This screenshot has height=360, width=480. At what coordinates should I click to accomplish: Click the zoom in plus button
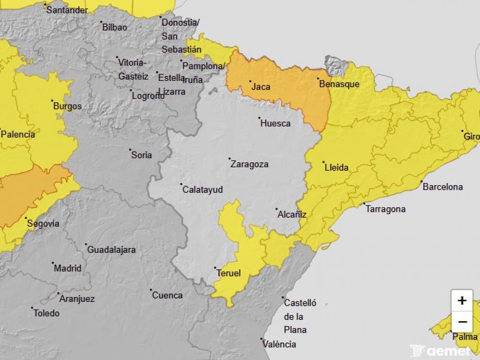[x=462, y=300]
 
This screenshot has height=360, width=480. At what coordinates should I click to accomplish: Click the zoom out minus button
[x=462, y=322]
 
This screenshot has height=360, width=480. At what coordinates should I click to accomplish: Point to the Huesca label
[x=275, y=124]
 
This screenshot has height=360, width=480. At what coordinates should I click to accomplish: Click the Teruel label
[x=229, y=273]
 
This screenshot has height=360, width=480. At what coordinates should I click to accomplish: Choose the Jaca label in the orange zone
[x=261, y=87]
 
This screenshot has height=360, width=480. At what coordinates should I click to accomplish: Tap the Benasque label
[x=339, y=84]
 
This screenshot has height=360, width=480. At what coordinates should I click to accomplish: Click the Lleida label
[x=336, y=168]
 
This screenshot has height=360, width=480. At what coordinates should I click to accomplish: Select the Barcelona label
[x=443, y=187]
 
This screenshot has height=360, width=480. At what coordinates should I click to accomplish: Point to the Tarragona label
[x=385, y=209]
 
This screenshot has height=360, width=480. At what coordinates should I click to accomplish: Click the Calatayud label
[x=203, y=189]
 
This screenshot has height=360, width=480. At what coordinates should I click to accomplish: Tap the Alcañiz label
[x=292, y=215]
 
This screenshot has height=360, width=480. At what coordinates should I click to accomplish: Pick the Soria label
[x=142, y=155]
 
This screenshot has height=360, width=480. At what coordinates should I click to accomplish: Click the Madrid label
[x=67, y=268]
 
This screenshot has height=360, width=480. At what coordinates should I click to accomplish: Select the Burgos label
[x=67, y=106]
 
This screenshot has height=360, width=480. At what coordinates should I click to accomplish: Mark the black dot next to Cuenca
[x=150, y=290]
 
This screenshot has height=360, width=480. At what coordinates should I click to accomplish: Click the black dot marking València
[x=261, y=339]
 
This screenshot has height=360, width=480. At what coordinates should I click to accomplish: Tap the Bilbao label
[x=114, y=27]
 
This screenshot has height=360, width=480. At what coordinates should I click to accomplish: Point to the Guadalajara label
[x=111, y=250]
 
